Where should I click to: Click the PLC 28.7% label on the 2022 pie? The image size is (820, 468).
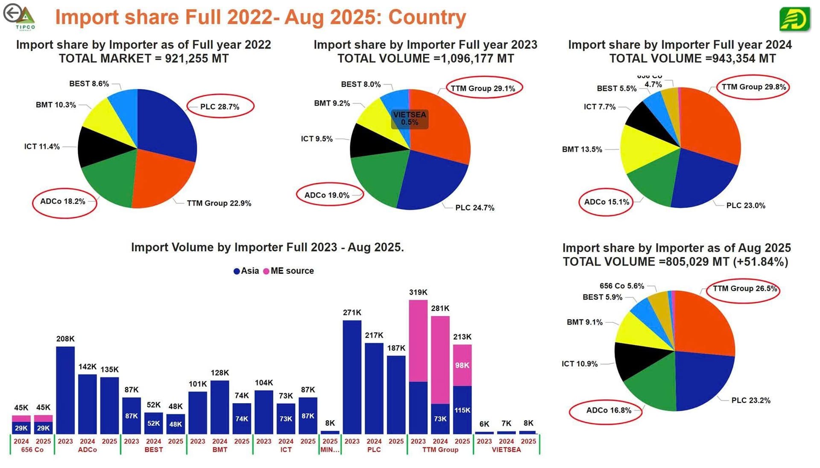(220, 107)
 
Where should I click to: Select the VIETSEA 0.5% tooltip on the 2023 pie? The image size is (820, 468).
(410, 119)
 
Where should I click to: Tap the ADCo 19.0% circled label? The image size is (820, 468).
(327, 195)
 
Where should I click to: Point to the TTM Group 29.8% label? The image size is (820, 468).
(753, 87)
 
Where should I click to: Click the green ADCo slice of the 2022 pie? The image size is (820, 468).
(109, 181)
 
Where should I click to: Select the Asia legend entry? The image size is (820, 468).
(246, 271)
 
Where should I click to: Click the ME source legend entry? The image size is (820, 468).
(289, 271)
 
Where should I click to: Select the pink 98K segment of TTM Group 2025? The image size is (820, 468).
(462, 365)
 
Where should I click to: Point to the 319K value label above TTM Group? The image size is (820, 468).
(418, 292)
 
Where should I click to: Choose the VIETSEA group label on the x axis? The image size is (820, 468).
(506, 450)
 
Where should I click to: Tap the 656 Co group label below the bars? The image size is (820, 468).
(32, 450)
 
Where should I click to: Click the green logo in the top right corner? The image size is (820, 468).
(794, 19)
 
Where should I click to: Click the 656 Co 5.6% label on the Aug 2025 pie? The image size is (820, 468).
(621, 286)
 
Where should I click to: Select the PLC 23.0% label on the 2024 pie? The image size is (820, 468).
(746, 205)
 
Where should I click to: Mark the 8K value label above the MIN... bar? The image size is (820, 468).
(330, 423)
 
